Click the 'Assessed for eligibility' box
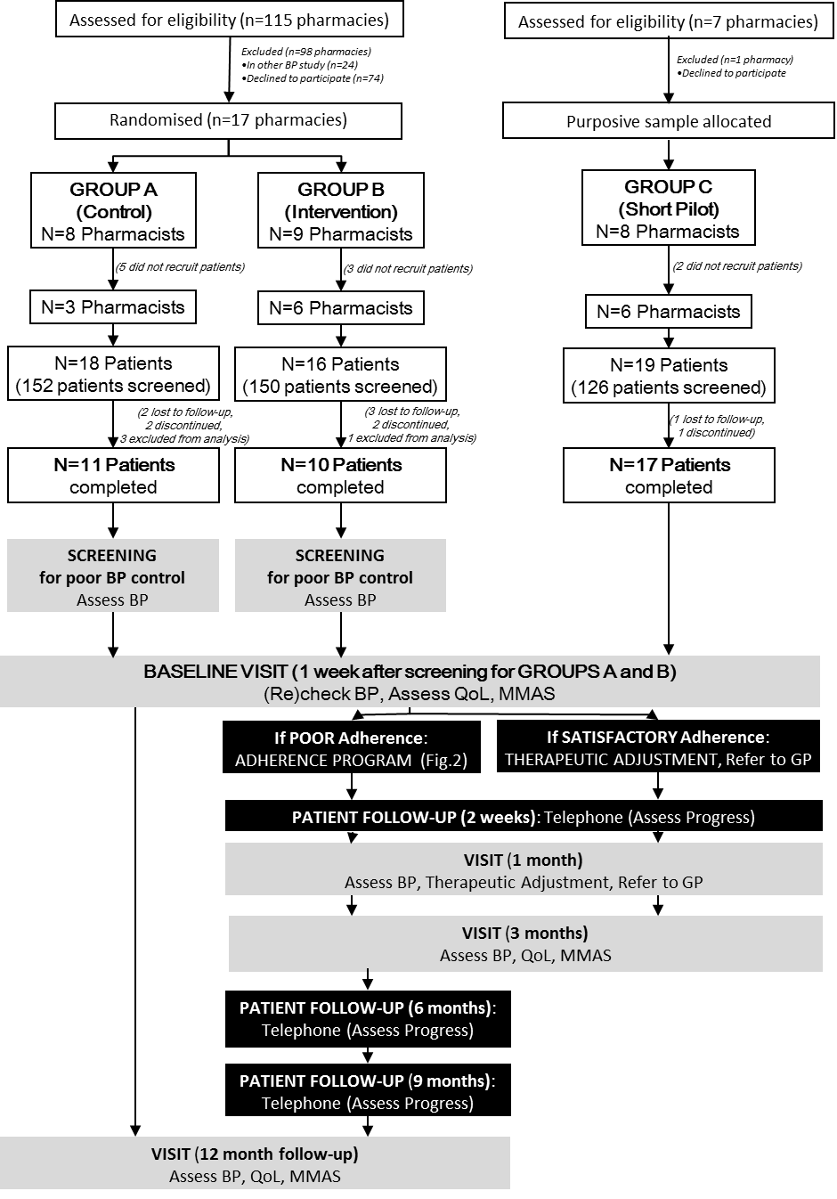(668, 21)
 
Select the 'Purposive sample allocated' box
(668, 121)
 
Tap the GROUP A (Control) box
(113, 211)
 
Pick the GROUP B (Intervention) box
(341, 211)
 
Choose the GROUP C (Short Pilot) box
(668, 208)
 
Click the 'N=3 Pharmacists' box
(113, 307)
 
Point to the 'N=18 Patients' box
(113, 374)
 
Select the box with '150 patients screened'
(340, 375)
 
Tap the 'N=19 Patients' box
(669, 376)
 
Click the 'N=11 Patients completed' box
(113, 476)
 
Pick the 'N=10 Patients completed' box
(340, 476)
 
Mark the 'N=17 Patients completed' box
(669, 476)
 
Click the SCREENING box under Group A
(113, 576)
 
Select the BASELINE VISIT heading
(410, 672)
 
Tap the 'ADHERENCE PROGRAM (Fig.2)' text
(351, 760)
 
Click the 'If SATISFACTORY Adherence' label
(657, 738)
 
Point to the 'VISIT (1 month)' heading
(523, 861)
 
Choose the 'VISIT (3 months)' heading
(524, 934)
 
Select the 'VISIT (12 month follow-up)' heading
(255, 1154)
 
